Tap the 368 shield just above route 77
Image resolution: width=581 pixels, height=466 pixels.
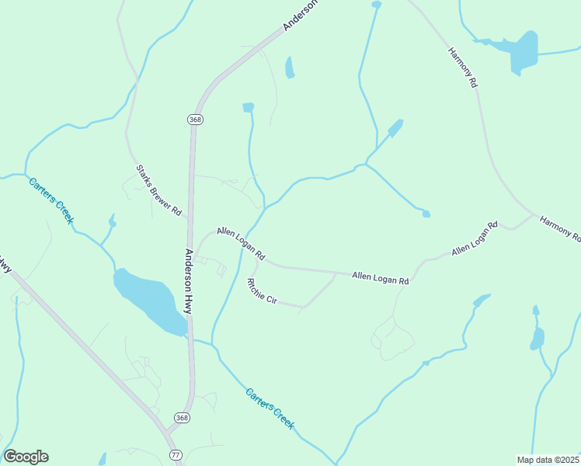tap(182, 417)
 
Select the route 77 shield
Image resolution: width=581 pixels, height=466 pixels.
tap(174, 455)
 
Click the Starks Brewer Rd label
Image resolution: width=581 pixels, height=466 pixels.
tap(158, 190)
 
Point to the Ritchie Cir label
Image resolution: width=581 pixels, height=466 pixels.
tap(262, 290)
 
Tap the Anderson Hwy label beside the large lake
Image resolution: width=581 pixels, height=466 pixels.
tap(189, 281)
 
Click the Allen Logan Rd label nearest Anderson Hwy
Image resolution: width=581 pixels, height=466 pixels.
tap(241, 243)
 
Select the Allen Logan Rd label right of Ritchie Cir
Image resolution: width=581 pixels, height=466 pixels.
tap(380, 277)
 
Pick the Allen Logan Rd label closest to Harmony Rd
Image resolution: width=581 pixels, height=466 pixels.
tap(475, 239)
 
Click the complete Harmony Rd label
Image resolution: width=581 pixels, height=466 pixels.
tap(462, 67)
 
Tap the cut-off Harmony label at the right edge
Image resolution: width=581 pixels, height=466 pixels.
tap(560, 228)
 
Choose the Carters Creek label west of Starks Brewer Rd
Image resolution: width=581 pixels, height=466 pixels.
tap(51, 200)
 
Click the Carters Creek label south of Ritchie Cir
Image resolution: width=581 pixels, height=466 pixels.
tap(270, 409)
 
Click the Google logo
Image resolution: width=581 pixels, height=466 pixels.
tap(26, 457)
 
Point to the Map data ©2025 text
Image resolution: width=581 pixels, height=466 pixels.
tap(548, 460)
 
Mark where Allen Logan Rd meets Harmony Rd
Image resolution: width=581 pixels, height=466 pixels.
tap(534, 215)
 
